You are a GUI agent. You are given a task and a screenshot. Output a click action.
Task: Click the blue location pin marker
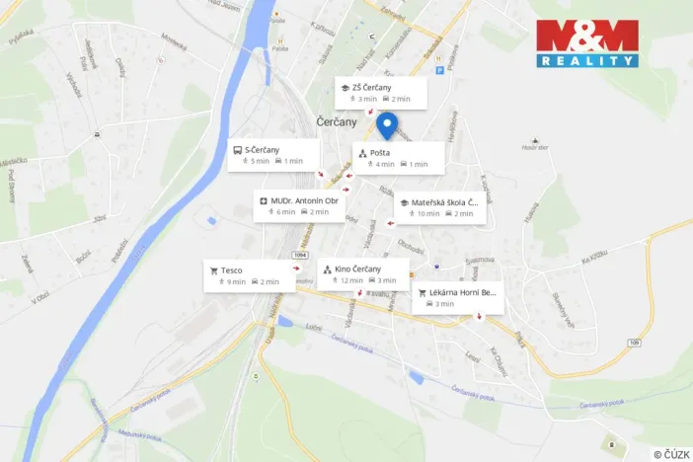point(387,124)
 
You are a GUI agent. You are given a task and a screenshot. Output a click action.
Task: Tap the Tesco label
point(232,269)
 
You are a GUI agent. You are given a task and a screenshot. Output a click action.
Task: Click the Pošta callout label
point(380,152)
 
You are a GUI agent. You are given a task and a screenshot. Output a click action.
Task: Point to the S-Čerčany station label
point(262,149)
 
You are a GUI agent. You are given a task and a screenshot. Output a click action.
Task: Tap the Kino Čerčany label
point(358,269)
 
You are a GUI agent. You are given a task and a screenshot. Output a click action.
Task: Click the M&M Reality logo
point(587,43)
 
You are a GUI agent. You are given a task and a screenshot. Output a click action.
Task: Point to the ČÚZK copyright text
point(671,454)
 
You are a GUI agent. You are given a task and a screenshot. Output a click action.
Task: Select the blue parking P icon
point(440,70)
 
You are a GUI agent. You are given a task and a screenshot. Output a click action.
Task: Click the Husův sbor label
point(534,147)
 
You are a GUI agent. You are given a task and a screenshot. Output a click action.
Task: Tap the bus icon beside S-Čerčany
point(237,150)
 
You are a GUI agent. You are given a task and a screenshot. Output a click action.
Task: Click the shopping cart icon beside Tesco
point(213,269)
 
